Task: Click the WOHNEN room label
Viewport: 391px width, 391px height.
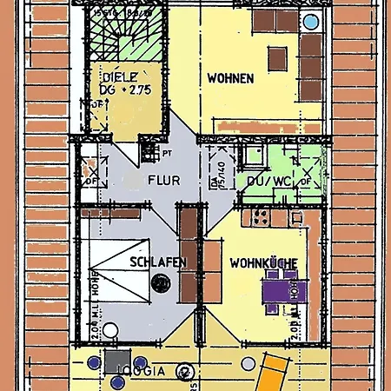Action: point(230,78)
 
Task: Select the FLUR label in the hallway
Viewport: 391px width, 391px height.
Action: point(163,181)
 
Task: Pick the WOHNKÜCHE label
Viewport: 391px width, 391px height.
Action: point(264,262)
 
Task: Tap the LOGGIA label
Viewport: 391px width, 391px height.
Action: point(140,370)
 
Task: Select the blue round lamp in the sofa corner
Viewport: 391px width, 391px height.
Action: point(309,20)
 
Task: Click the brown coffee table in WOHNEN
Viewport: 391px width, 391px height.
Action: point(277,58)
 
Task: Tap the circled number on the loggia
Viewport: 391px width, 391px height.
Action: point(184,371)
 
